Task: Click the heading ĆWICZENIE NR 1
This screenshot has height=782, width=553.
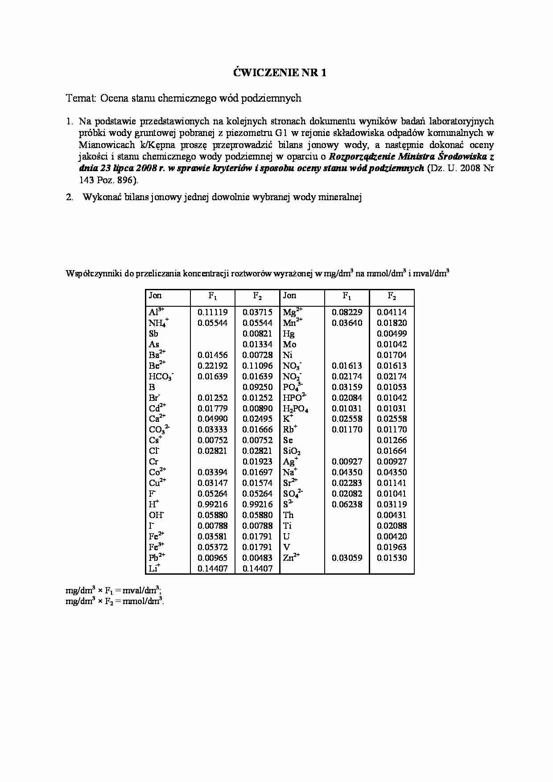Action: point(280,73)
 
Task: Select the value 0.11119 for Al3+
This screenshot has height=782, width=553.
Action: point(212,313)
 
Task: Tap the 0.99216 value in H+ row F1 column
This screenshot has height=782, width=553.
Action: point(212,505)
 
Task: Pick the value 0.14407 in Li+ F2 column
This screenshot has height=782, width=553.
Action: point(257,569)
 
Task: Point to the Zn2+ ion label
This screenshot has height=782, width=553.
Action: point(291,558)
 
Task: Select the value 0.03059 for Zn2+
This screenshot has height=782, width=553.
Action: point(347,558)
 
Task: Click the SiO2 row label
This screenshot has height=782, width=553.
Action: point(292,451)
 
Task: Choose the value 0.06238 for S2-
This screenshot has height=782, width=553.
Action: point(347,505)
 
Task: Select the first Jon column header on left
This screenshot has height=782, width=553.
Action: point(155,296)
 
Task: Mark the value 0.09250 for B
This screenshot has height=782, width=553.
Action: point(257,387)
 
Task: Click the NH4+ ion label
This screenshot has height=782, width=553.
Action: point(159,323)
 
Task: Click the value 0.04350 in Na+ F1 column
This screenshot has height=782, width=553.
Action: point(347,473)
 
